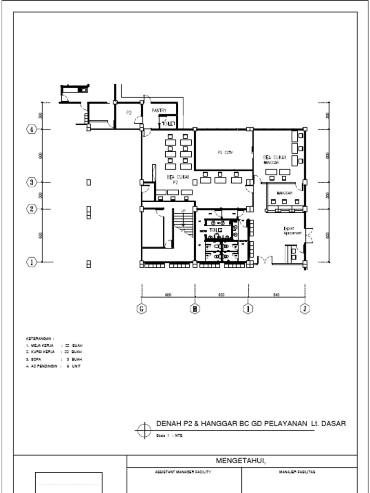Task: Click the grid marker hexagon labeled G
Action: [142, 309]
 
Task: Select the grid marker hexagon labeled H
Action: [195, 309]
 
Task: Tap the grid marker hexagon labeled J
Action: [304, 309]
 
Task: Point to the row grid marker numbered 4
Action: [32, 129]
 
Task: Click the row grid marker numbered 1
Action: [32, 262]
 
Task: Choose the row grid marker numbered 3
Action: [32, 182]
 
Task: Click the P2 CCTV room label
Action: [225, 152]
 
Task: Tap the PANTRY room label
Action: [159, 111]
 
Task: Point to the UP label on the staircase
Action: [184, 211]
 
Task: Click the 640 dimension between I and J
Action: [277, 295]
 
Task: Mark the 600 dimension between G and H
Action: [168, 295]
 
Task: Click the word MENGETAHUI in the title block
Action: [241, 461]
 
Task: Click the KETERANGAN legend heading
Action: [40, 339]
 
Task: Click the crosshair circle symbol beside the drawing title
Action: [145, 430]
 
